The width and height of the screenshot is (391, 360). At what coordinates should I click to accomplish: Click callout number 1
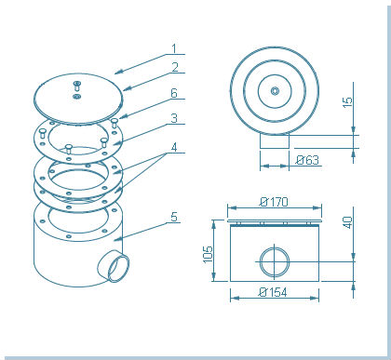coord(174,48)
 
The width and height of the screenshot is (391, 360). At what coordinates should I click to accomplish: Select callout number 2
coord(175,67)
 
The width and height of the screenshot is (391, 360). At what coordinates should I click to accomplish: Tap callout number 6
coord(174,93)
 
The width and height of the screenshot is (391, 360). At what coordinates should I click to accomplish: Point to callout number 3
coord(174,118)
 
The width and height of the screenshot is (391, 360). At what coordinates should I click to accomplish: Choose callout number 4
coord(174,147)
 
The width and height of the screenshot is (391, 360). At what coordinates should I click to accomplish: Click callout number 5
coord(174,217)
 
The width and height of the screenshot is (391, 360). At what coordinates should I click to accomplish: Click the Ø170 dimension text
coord(274,202)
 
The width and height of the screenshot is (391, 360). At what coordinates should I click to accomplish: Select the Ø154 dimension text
coord(273,292)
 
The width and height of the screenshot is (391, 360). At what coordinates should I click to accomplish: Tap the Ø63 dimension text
coord(307,160)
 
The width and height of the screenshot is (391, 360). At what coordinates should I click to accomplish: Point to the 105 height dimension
coord(208,254)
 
